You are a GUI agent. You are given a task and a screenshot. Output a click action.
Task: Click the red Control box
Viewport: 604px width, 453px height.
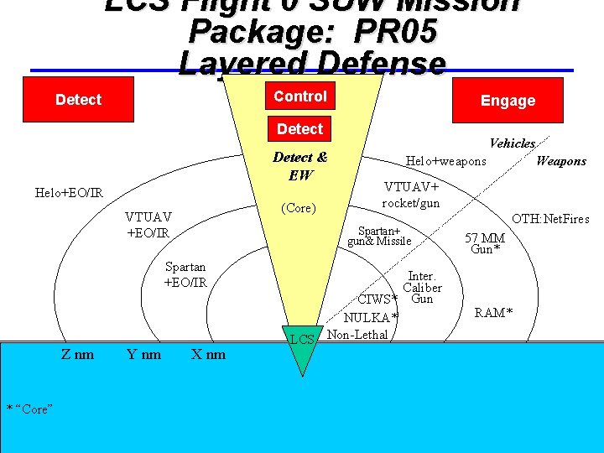(300, 96)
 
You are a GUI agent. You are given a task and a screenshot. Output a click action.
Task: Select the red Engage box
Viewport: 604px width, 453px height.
(507, 101)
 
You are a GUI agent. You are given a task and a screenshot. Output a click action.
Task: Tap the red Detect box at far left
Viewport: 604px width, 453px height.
(78, 100)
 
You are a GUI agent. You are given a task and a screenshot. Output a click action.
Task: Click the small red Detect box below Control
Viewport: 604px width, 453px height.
(299, 129)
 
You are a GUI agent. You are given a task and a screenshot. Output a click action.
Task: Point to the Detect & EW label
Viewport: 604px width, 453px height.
(299, 166)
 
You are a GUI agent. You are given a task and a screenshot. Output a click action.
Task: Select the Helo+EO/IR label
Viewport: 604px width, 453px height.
(70, 193)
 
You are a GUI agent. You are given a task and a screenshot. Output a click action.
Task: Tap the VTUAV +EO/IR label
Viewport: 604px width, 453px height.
(148, 224)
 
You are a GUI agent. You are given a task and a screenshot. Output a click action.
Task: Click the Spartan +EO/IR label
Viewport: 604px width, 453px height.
(185, 275)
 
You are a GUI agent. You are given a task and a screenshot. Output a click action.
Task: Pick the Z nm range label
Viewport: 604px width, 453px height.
(77, 354)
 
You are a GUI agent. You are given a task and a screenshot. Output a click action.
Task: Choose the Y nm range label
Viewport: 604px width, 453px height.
(143, 354)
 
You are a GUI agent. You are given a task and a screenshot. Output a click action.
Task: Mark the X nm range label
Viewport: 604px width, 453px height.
(208, 354)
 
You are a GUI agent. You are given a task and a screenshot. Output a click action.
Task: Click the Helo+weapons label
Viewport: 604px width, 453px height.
(445, 161)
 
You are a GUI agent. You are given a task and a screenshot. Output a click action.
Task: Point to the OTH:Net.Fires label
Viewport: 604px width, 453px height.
(550, 219)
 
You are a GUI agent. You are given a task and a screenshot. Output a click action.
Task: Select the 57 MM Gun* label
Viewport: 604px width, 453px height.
(486, 243)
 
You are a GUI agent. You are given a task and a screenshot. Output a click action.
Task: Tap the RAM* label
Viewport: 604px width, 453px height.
(494, 313)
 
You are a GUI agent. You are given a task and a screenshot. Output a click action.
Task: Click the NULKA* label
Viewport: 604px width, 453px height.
(371, 317)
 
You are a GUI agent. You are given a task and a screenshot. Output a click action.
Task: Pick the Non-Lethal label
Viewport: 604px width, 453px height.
(357, 335)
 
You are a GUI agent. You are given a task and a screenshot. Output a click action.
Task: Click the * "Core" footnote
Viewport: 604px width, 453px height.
(30, 409)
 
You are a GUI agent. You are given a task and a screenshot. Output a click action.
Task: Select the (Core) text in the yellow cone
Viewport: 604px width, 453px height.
(299, 208)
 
